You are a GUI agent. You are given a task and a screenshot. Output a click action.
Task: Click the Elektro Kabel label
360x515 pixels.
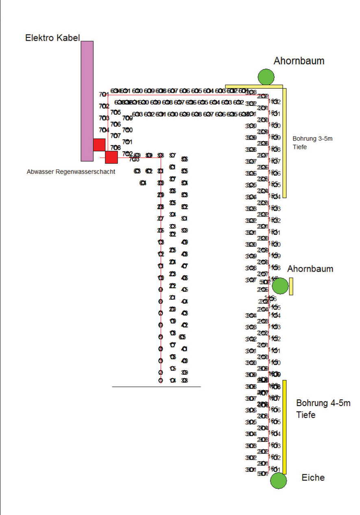(x=52, y=38)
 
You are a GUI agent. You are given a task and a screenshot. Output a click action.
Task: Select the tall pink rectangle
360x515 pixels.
(x=87, y=100)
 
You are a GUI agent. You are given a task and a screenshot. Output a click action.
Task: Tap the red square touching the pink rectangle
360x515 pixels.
(x=99, y=145)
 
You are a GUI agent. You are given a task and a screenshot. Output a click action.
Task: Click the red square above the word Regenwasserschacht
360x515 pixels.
(x=111, y=157)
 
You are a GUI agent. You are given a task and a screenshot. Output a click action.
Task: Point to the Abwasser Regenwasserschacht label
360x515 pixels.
(x=71, y=172)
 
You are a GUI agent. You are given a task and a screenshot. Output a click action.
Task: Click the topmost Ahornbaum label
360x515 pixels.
(x=299, y=61)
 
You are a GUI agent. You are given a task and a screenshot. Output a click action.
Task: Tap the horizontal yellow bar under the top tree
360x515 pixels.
(x=254, y=87)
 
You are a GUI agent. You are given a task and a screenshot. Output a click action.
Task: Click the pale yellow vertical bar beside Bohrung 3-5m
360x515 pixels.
(x=285, y=143)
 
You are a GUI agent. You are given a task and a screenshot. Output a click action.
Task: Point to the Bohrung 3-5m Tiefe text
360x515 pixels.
(x=312, y=143)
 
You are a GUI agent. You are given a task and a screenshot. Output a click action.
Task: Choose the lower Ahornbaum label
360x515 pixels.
(x=310, y=269)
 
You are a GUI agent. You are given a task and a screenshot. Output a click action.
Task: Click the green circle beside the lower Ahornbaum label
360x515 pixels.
(x=280, y=286)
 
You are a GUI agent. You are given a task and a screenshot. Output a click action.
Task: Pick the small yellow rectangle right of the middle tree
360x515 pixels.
(x=291, y=286)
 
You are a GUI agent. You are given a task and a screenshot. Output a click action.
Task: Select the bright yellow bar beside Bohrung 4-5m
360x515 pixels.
(x=284, y=427)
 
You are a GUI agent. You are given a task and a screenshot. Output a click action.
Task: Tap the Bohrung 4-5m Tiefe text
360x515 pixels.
(x=323, y=409)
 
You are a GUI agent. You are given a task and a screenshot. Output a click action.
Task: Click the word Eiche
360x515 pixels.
(x=313, y=478)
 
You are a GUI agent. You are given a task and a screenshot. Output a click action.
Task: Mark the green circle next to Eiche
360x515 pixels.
(x=279, y=480)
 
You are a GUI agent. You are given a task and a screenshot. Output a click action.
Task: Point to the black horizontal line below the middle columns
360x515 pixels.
(x=156, y=386)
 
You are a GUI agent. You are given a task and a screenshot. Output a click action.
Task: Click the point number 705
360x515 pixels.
(x=116, y=112)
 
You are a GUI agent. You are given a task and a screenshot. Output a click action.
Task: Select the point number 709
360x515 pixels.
(x=128, y=118)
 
